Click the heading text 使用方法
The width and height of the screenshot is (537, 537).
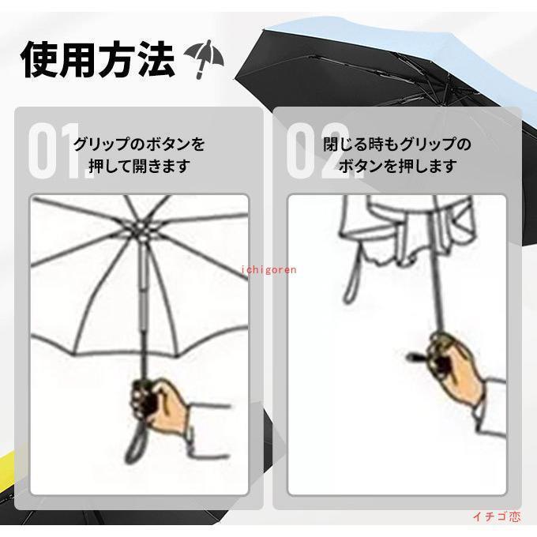98,59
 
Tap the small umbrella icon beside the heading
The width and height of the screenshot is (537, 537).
205,58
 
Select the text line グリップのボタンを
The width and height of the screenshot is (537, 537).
140,145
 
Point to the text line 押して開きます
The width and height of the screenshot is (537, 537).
140,166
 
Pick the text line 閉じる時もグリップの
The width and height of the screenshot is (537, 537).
397,145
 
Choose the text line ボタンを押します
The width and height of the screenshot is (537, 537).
397,166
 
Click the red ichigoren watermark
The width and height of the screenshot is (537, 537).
268,270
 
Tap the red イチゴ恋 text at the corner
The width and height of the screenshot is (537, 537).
497,516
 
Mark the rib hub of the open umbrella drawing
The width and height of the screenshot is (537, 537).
141,230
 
